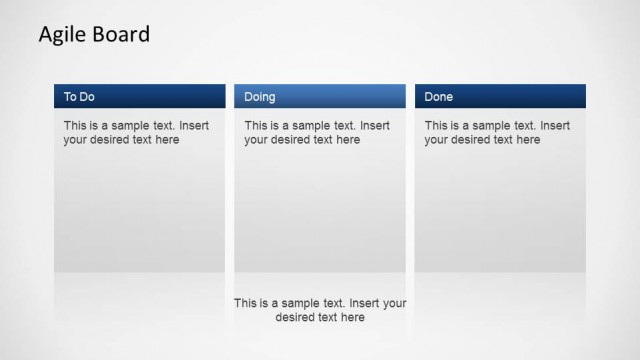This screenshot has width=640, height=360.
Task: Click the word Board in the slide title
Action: pyautogui.click(x=120, y=34)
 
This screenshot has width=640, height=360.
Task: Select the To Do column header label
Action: pyautogui.click(x=80, y=97)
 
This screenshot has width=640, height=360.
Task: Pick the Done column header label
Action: pyautogui.click(x=439, y=97)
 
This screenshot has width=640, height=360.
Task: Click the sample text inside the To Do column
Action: pyautogui.click(x=137, y=133)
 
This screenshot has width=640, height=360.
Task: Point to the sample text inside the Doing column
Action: pyautogui.click(x=317, y=133)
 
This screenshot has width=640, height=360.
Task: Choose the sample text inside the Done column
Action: pyautogui.click(x=497, y=133)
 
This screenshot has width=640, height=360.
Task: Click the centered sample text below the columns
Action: pyautogui.click(x=320, y=310)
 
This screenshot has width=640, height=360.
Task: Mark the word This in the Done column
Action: pyautogui.click(x=435, y=126)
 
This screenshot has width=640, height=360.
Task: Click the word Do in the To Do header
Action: pyautogui.click(x=88, y=97)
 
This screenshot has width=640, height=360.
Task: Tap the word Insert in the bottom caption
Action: pyautogui.click(x=366, y=303)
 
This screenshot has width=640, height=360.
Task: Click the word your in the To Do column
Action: pyautogui.click(x=75, y=140)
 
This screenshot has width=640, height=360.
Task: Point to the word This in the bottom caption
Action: pyautogui.click(x=245, y=303)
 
